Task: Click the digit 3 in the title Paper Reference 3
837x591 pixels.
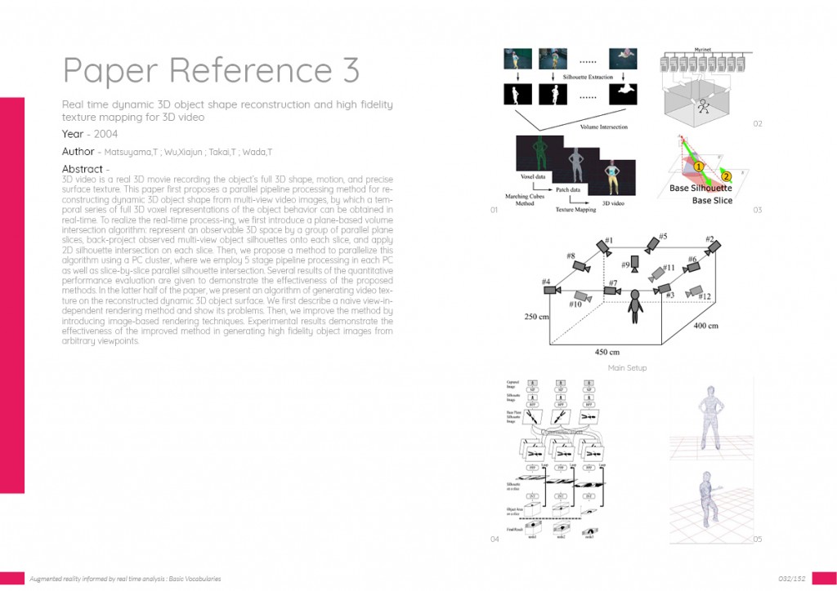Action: click(x=349, y=71)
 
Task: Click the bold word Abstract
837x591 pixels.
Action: click(x=82, y=169)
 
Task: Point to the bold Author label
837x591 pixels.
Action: click(x=78, y=152)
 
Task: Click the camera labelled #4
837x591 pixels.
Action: click(x=552, y=290)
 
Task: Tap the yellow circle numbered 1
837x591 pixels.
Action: click(x=699, y=166)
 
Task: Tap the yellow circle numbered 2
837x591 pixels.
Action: click(x=726, y=176)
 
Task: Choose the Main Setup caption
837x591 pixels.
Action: click(x=627, y=368)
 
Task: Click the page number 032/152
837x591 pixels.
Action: click(x=791, y=579)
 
